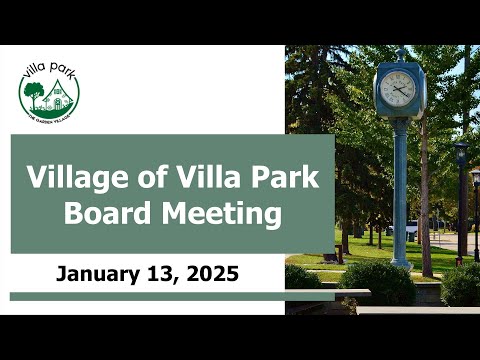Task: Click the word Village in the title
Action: pos(77,178)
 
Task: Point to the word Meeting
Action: pos(222,214)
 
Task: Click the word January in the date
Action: pos(98,275)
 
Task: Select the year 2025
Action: pos(213,274)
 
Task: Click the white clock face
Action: pos(398,89)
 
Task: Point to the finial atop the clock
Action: pos(400,55)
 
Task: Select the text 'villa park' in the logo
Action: pos(49,71)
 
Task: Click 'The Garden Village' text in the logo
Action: pos(49,117)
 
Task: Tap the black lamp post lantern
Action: pos(461,153)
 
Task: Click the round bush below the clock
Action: pos(378,282)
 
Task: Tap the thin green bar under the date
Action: pos(172,297)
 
